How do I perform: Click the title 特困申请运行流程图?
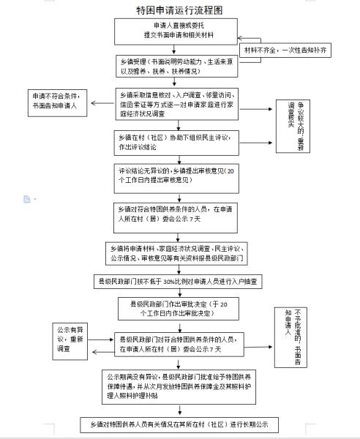180,10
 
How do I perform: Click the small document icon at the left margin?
26,199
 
